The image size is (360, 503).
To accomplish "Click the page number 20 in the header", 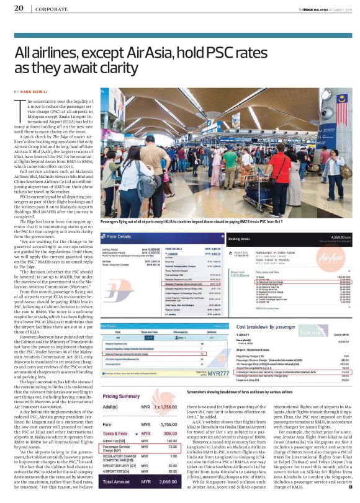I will pyautogui.click(x=19, y=8).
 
